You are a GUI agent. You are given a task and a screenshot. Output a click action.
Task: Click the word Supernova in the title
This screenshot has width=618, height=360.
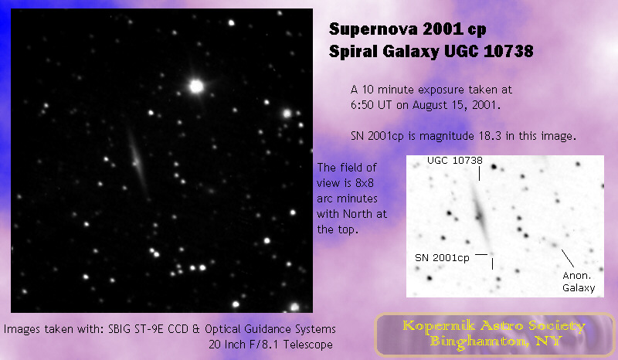pos(373,29)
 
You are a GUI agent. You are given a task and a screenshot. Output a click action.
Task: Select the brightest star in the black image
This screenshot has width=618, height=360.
pos(196,86)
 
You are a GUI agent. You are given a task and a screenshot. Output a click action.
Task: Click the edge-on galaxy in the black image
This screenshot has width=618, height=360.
pos(138,161)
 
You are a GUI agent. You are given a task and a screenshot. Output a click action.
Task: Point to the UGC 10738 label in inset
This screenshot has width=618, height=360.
pos(455,161)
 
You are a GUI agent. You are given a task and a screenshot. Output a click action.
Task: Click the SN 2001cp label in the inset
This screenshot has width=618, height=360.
pos(442,258)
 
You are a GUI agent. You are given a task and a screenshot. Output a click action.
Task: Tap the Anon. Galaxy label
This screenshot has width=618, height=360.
pos(578,281)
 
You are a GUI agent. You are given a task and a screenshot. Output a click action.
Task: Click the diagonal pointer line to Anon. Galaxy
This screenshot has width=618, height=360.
pos(568,258)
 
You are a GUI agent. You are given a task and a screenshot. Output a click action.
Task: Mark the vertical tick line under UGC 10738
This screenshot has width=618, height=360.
pos(479,174)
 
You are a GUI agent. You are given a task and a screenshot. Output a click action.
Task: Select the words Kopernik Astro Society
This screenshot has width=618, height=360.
pos(494,326)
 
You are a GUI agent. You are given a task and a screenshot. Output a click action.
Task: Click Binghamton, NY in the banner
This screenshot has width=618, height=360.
pos(495,341)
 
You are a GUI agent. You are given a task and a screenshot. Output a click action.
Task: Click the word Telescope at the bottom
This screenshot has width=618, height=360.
pos(308,345)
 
